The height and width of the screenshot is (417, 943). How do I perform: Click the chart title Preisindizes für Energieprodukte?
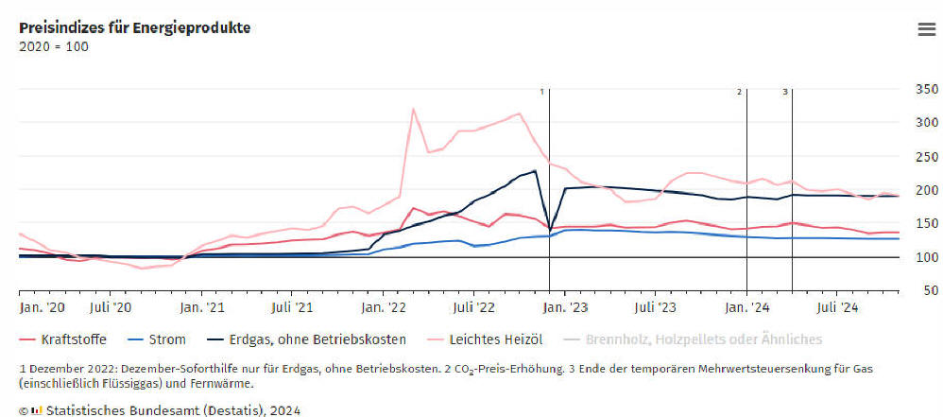pos(134,27)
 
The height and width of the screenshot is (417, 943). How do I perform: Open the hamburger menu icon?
pos(926,29)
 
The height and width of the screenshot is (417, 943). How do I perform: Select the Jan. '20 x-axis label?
pos(43,307)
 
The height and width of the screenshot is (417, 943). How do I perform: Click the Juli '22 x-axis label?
pos(473,307)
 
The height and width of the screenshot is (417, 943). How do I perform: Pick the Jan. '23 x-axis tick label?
pos(564,307)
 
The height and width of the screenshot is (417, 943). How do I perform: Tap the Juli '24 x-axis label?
pos(836,307)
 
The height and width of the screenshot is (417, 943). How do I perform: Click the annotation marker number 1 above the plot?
pos(542,92)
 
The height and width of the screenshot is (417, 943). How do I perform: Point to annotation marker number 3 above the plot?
pos(784,92)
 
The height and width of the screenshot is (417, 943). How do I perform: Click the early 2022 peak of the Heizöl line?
pos(414,109)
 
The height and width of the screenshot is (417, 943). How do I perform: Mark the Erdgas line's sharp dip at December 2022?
pos(550,229)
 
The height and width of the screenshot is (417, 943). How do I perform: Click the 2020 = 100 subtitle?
pos(54,46)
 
